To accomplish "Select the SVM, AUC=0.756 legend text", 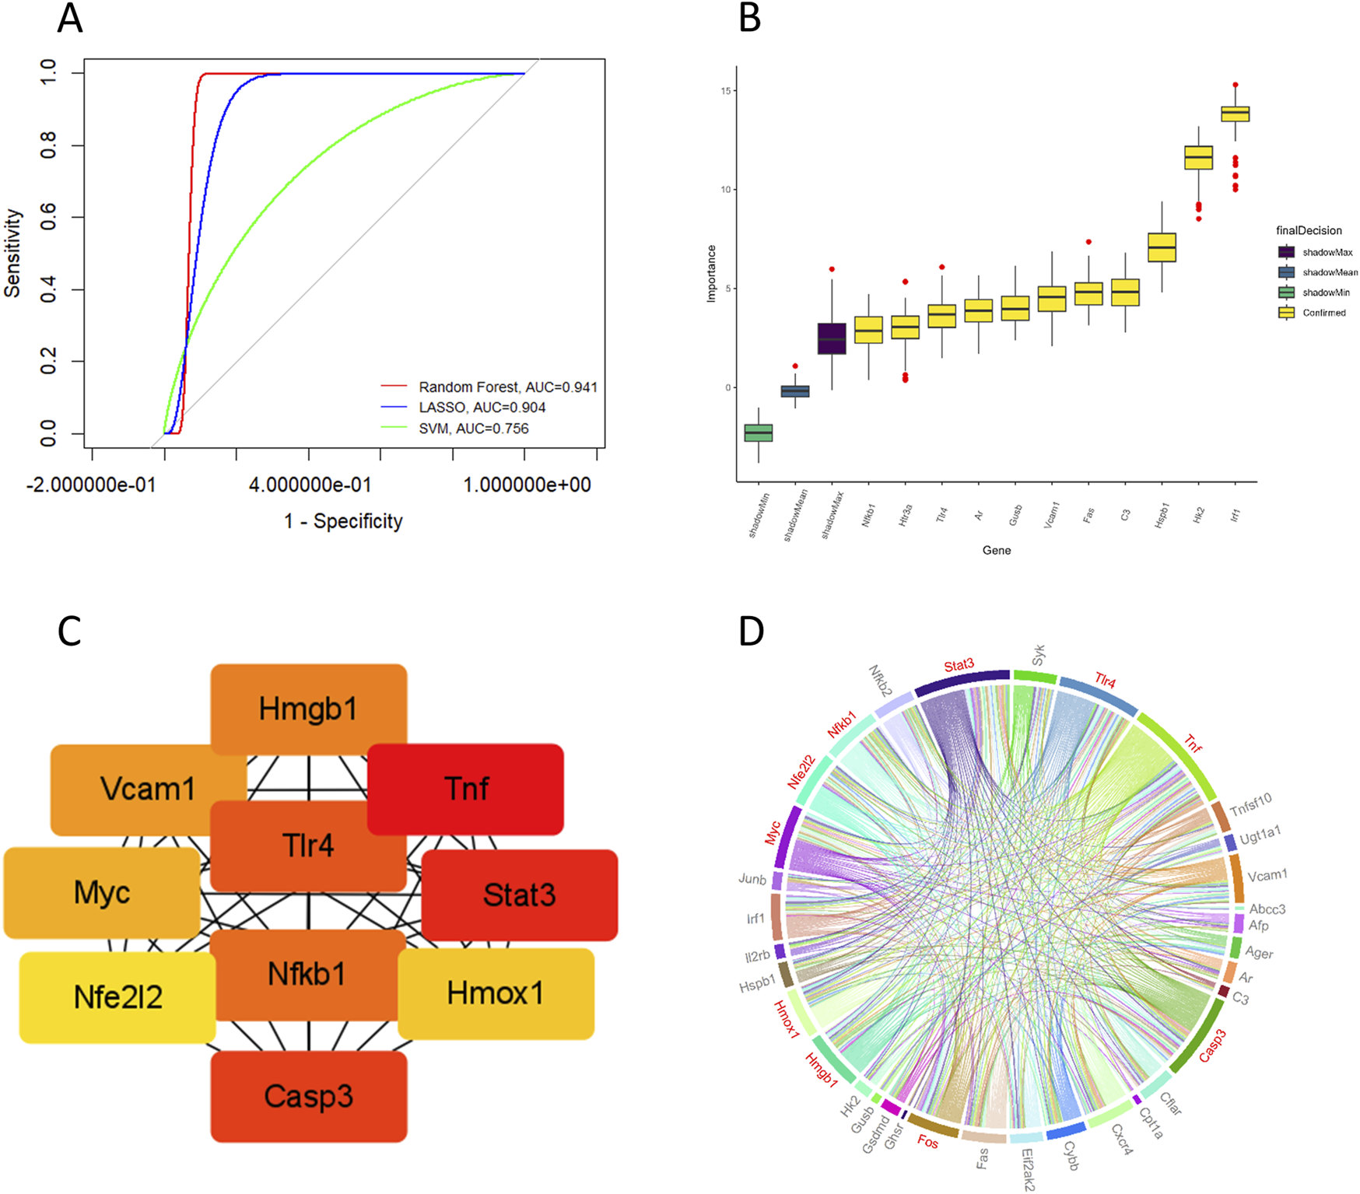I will [473, 429].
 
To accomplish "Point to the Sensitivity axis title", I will [13, 253].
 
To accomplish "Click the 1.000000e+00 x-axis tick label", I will [527, 485].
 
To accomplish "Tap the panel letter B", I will [749, 18].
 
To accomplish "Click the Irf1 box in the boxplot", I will [1235, 114].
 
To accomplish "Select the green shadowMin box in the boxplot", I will [759, 433].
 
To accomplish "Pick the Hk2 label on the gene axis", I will [1198, 515].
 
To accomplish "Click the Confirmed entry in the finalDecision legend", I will [1323, 313].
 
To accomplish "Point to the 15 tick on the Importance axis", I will [726, 91].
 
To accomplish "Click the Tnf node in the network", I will [465, 789].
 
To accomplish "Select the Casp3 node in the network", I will [309, 1096].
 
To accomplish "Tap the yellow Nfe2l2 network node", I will [117, 997].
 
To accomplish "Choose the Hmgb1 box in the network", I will [309, 709].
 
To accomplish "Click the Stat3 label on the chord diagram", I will [959, 665].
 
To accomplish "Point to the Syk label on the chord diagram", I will [1039, 655].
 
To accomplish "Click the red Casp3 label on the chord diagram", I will [1212, 1045].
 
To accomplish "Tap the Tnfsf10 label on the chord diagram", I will [1250, 804].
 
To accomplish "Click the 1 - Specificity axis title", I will [343, 521].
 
